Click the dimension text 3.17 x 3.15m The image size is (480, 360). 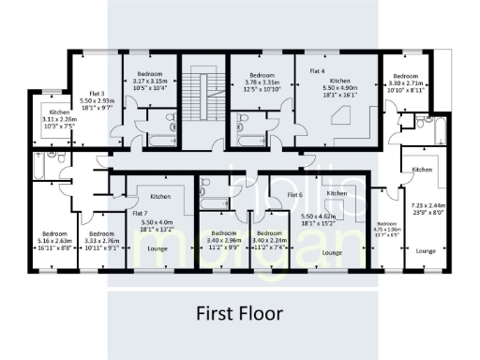(x=152, y=81)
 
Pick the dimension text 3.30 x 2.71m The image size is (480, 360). (x=405, y=82)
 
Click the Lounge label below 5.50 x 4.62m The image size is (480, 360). (x=330, y=253)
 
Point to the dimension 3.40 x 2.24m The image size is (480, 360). (x=272, y=239)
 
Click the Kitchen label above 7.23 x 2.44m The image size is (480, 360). (x=422, y=169)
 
